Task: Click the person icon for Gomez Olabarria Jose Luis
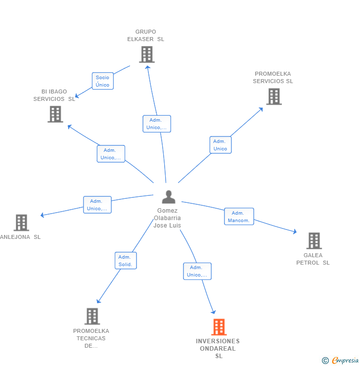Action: pyautogui.click(x=169, y=197)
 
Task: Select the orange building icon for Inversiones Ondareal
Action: pyautogui.click(x=219, y=327)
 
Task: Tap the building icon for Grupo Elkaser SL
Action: pyautogui.click(x=146, y=54)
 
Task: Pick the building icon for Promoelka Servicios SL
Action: pyautogui.click(x=273, y=96)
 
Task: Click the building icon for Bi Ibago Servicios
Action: pyautogui.click(x=55, y=114)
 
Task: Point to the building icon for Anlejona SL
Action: pyautogui.click(x=21, y=223)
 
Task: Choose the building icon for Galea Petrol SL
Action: pyautogui.click(x=314, y=241)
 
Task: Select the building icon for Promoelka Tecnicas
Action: pyautogui.click(x=92, y=316)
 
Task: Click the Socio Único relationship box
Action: pyautogui.click(x=102, y=81)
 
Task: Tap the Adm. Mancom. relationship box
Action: pyautogui.click(x=239, y=217)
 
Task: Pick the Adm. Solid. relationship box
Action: pyautogui.click(x=125, y=261)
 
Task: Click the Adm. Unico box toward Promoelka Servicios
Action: pyautogui.click(x=220, y=145)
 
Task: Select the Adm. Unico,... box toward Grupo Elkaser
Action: pyautogui.click(x=156, y=124)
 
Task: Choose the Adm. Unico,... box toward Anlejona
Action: pyautogui.click(x=97, y=205)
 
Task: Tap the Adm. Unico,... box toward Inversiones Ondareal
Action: pyautogui.click(x=197, y=271)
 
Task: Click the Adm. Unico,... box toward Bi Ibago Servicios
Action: pyautogui.click(x=111, y=154)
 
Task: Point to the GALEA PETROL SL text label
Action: pyautogui.click(x=313, y=259)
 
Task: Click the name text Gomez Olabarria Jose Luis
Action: pyautogui.click(x=167, y=218)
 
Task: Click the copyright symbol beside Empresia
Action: pyautogui.click(x=325, y=361)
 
